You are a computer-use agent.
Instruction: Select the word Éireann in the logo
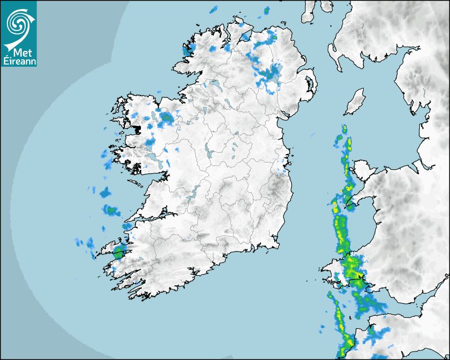tap(19, 61)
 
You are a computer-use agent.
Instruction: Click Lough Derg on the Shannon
tap(193, 193)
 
